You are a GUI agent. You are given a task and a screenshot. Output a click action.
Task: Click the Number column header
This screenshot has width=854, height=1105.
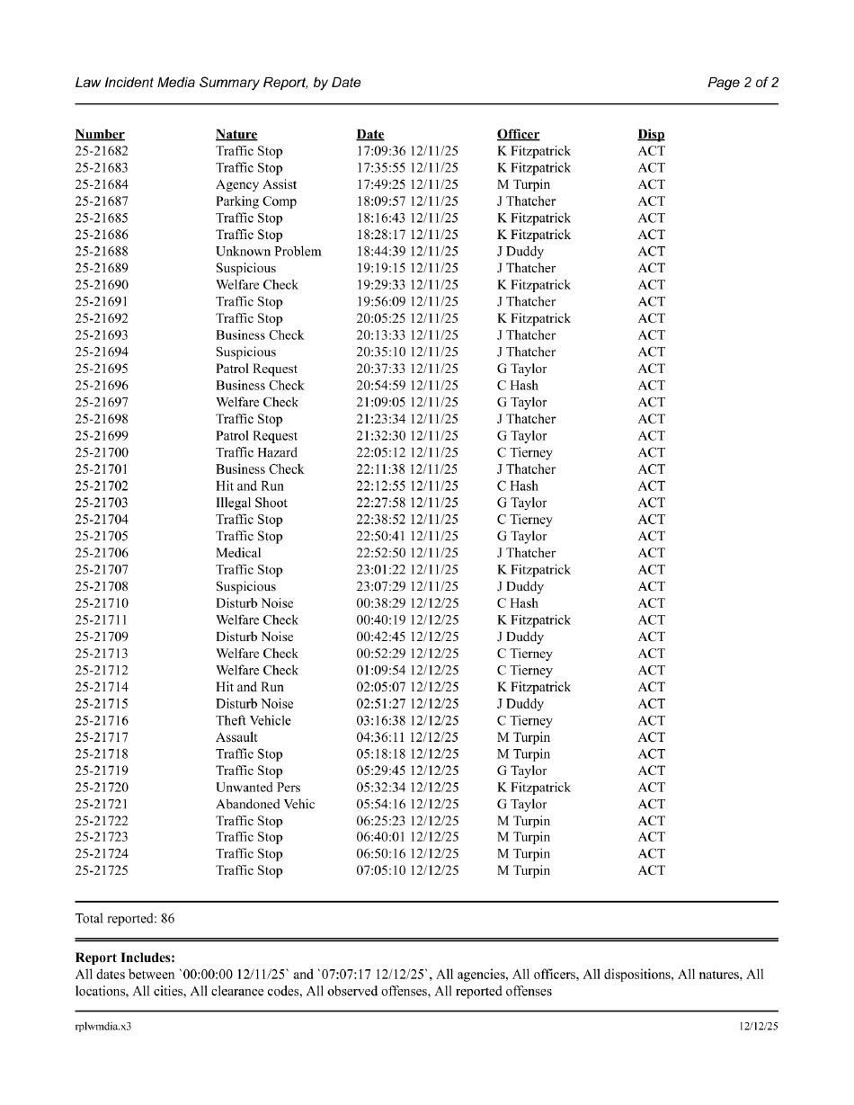[x=100, y=135]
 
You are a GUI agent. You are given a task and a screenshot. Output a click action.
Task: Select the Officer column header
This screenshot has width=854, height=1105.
[x=518, y=135]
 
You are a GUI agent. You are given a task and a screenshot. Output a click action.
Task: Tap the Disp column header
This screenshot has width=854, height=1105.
[x=651, y=135]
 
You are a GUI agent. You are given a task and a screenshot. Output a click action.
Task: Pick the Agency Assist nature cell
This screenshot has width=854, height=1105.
[x=256, y=185]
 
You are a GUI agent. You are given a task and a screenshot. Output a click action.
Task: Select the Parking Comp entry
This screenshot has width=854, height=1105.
[x=256, y=201]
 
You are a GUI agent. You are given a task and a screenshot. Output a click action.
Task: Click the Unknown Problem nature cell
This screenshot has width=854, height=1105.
[x=268, y=252]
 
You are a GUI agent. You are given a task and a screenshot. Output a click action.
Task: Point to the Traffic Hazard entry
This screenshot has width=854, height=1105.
[x=256, y=453]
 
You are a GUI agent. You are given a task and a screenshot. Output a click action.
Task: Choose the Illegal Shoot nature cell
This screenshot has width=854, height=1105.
[x=252, y=503]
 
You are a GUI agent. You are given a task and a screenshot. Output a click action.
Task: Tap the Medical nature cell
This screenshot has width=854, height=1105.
[x=238, y=554]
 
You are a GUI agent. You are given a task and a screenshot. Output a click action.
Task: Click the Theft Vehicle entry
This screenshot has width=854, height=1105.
[x=254, y=721]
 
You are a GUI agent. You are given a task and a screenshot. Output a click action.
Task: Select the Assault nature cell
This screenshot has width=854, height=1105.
[x=236, y=738]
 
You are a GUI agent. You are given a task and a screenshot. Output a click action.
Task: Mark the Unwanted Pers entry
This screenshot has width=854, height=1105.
[x=258, y=788]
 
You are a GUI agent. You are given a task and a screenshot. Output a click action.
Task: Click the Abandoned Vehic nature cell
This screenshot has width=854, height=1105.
[x=265, y=805]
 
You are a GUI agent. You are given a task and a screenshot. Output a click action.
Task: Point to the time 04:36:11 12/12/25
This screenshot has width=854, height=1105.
[x=407, y=738]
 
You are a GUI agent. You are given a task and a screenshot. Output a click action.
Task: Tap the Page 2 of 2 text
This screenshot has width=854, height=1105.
[x=743, y=83]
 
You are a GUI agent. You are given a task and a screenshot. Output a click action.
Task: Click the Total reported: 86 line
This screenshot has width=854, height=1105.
[x=125, y=919]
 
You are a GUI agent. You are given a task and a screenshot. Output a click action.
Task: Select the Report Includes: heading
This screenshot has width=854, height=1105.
[x=125, y=958]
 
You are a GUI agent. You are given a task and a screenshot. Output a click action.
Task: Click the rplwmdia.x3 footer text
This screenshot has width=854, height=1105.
[x=102, y=1027]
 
